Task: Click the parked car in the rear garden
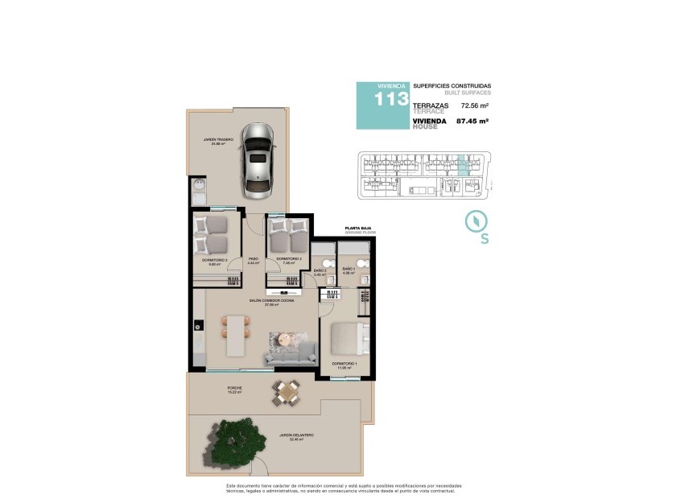258,161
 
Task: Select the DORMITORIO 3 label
215,260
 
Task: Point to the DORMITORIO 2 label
287,259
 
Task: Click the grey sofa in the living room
291,352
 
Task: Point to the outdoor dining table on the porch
286,392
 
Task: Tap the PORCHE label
234,389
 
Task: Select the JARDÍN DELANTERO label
296,436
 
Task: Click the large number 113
391,99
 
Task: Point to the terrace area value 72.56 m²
475,105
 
